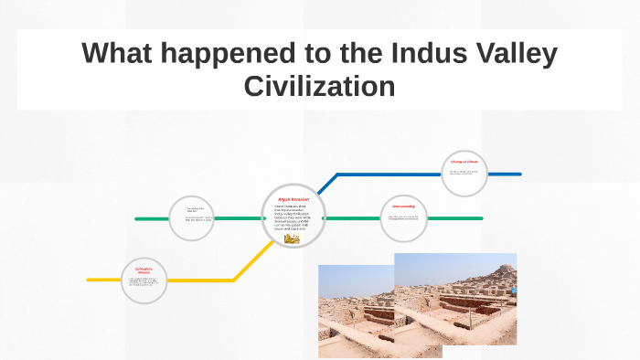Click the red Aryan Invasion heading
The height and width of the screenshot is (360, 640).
pyautogui.click(x=293, y=198)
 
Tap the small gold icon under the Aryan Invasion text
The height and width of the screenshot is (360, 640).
pyautogui.click(x=293, y=238)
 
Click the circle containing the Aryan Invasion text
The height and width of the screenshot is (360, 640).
pyautogui.click(x=293, y=217)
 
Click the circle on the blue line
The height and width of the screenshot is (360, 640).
pyautogui.click(x=464, y=174)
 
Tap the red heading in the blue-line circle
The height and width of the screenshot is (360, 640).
pyautogui.click(x=464, y=162)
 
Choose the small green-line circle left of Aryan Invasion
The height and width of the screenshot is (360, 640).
pyautogui.click(x=192, y=218)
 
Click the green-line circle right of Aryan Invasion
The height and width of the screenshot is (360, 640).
pyautogui.click(x=403, y=217)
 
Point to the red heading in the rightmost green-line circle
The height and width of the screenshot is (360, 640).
pyautogui.click(x=403, y=206)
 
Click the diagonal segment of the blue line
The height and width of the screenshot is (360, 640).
pyautogui.click(x=326, y=184)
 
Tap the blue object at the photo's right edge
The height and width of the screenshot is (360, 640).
pyautogui.click(x=515, y=289)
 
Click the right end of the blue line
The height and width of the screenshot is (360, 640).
pyautogui.click(x=518, y=174)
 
